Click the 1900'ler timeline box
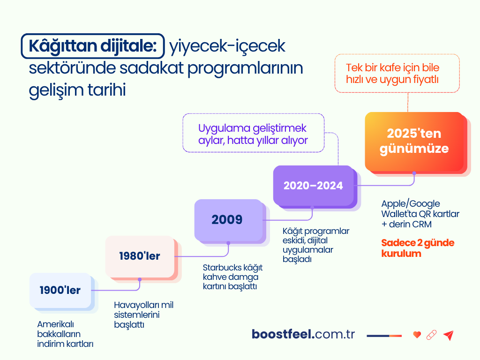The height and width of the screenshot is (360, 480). coord(60,291)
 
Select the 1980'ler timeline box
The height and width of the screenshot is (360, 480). coord(140,256)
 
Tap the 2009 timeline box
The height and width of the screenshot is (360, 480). coord(227,219)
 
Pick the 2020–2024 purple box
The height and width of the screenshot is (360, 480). coord(313,186)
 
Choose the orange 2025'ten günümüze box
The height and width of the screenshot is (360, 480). coord(414,141)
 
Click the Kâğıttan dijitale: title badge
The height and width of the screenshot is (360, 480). coord(93,46)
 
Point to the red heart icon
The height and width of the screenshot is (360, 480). coord(417,335)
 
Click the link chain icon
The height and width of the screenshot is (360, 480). coord(432,335)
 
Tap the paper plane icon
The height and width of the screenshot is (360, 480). coord(449,335)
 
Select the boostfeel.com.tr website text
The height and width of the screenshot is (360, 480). coord(303,334)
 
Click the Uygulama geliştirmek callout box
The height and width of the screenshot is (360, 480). coord(253,133)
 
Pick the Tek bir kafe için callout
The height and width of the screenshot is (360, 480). coord(397,74)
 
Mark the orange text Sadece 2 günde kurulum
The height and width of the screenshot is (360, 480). coord(411,248)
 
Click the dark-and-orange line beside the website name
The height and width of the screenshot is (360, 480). coord(384,335)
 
